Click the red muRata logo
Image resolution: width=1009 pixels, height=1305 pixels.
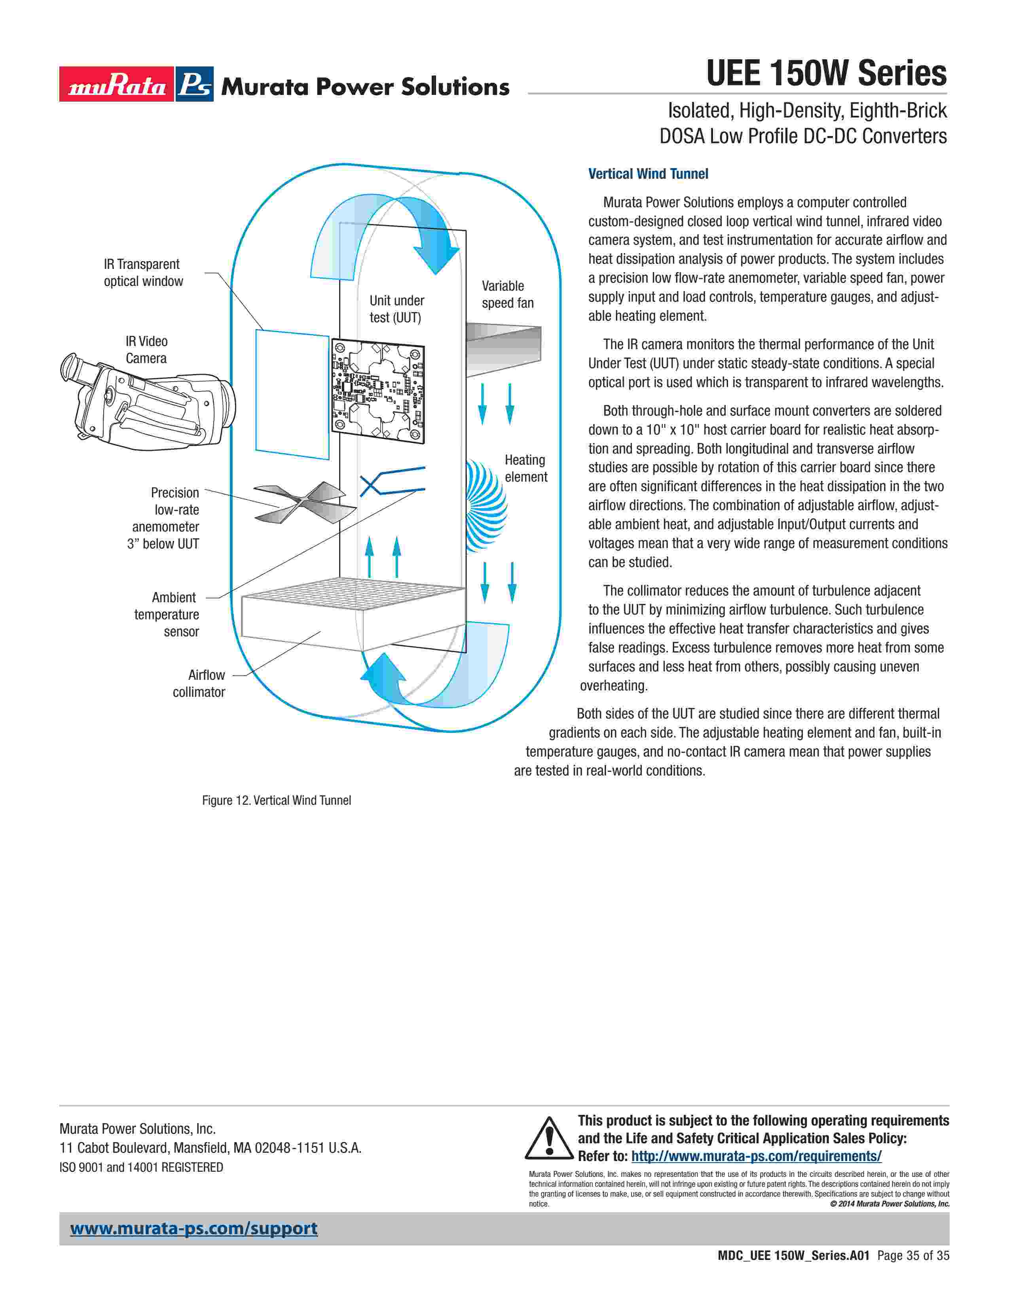(117, 84)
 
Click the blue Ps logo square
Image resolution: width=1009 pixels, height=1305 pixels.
(194, 84)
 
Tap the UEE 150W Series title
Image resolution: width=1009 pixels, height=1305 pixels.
(826, 74)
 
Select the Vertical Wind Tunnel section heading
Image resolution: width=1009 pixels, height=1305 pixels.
(648, 174)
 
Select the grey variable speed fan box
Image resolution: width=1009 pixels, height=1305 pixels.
(503, 350)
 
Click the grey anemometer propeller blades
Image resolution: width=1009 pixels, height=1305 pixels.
(305, 502)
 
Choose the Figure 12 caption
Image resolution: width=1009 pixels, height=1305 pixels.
(276, 800)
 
